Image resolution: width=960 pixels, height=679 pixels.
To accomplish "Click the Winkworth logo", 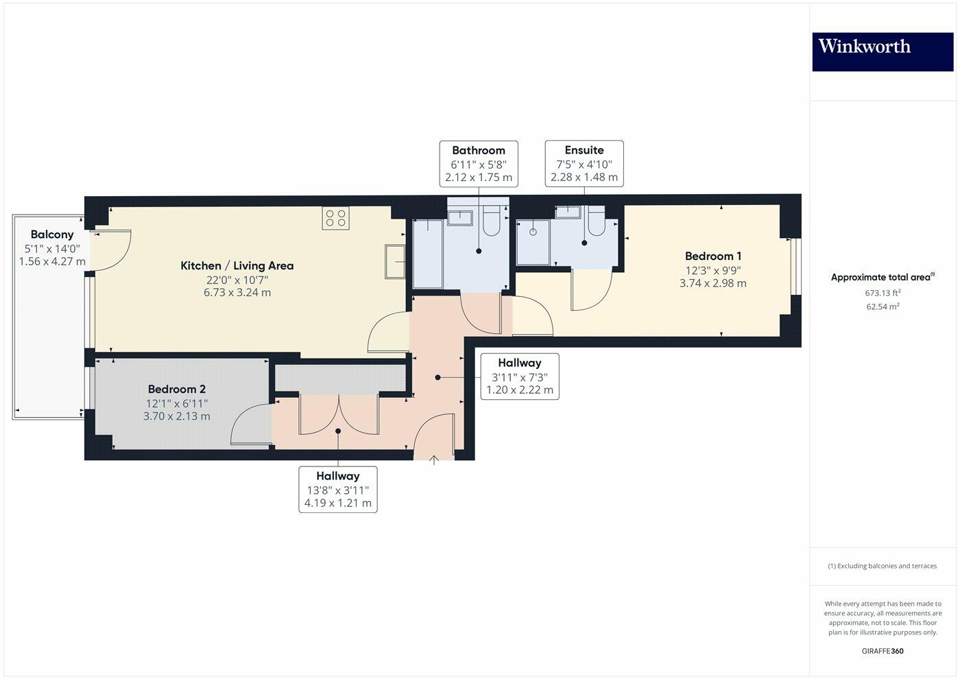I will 883,51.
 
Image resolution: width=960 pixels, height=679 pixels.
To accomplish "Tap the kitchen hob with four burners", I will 336,219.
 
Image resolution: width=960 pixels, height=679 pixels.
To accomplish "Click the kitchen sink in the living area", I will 396,261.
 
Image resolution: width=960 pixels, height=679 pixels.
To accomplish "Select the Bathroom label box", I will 478,164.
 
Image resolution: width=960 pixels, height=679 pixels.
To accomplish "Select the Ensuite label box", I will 584,164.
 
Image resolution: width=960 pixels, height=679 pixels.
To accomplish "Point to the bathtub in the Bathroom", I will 429,254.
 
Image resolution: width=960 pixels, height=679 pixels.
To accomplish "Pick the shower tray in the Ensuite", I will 533,241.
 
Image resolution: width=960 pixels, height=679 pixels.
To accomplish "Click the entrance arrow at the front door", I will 433,461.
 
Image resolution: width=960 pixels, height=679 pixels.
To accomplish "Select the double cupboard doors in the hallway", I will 339,415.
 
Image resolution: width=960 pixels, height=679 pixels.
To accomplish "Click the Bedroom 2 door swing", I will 250,425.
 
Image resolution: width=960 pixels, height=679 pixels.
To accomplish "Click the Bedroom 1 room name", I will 713,257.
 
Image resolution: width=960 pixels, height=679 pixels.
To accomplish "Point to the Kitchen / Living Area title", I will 237,265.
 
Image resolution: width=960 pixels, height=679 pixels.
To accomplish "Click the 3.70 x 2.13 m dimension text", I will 177,416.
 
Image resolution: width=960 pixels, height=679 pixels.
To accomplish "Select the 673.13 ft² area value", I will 883,293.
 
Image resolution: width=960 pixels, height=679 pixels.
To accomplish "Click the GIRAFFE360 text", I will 883,651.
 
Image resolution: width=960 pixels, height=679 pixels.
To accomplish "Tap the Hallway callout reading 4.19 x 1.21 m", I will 338,489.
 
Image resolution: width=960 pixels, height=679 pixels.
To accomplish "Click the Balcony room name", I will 52,235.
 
